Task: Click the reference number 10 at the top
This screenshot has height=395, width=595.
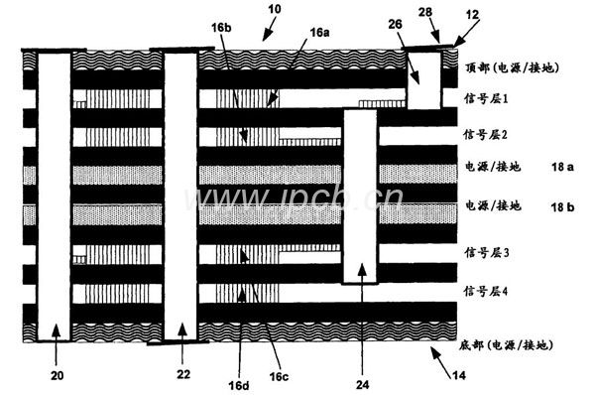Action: (x=275, y=9)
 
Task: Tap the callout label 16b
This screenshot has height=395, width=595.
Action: (x=221, y=28)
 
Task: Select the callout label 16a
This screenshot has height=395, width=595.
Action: (x=319, y=33)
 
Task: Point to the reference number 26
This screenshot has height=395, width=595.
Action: (x=395, y=24)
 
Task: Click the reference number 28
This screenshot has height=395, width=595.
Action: (x=425, y=13)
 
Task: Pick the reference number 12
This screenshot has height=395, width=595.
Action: (x=472, y=15)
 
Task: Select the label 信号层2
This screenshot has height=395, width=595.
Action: (x=486, y=134)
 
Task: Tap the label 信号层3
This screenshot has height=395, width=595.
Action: (x=487, y=252)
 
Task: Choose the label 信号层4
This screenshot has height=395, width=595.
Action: (x=486, y=292)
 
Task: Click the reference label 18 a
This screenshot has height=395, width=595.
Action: (x=562, y=167)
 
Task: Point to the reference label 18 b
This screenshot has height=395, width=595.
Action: (x=562, y=207)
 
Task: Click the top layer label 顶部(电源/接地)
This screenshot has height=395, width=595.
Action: (x=513, y=67)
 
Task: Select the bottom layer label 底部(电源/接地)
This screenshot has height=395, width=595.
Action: (x=506, y=344)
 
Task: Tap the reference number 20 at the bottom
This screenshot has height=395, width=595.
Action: (x=58, y=375)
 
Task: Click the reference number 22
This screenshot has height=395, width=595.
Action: (x=183, y=374)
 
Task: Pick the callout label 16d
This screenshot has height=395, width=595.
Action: (x=239, y=385)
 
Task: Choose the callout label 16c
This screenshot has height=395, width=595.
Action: (x=279, y=376)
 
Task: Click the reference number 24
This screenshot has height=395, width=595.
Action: (x=362, y=385)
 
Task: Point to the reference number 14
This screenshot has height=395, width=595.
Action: (x=458, y=375)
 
